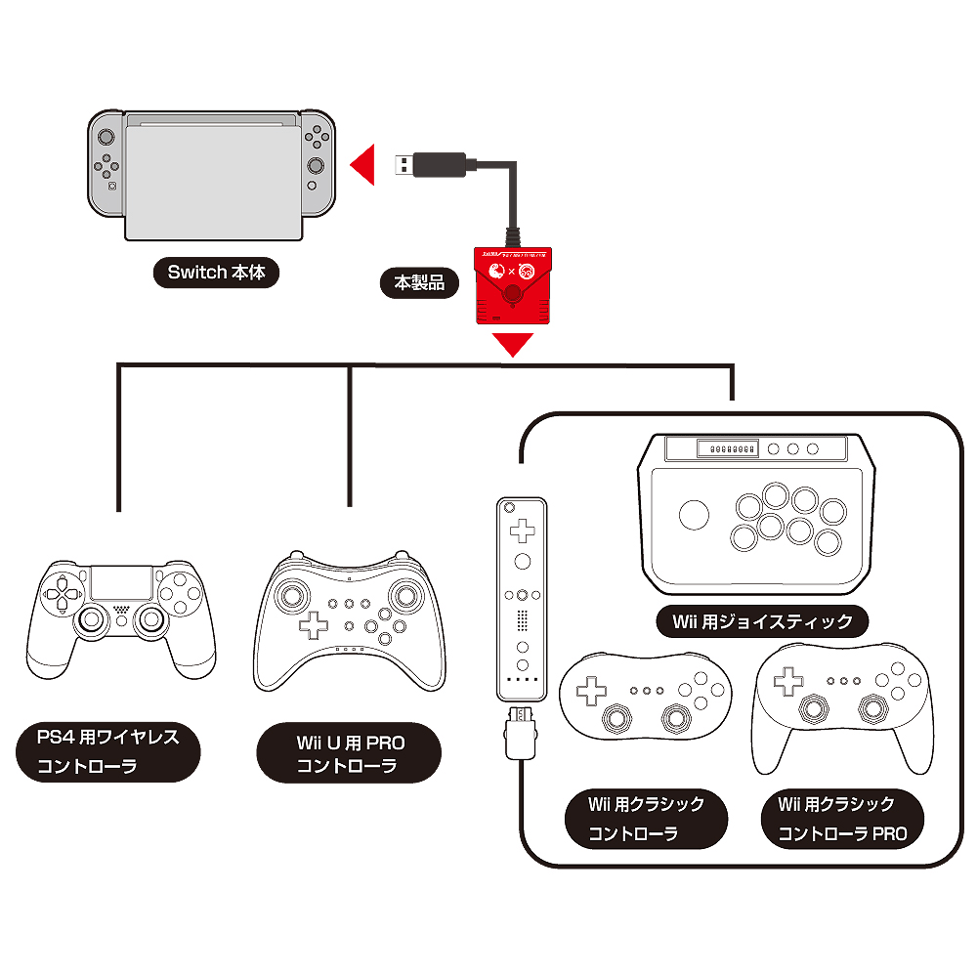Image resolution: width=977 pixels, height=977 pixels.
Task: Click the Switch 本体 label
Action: click(216, 273)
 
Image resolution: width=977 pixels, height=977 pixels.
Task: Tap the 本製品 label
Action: click(419, 283)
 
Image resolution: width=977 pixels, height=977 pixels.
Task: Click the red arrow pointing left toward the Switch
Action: click(364, 164)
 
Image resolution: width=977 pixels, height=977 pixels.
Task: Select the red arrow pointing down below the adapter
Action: click(512, 344)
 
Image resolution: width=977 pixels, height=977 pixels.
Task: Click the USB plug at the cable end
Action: click(431, 164)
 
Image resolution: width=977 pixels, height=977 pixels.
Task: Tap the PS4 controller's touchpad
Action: click(121, 585)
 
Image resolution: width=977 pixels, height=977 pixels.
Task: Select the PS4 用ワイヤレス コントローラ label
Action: click(108, 750)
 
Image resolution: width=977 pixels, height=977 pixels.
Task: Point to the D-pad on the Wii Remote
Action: click(523, 531)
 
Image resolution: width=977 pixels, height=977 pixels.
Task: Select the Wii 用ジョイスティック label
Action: click(762, 620)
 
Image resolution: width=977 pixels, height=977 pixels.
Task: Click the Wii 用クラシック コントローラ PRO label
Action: click(841, 819)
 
